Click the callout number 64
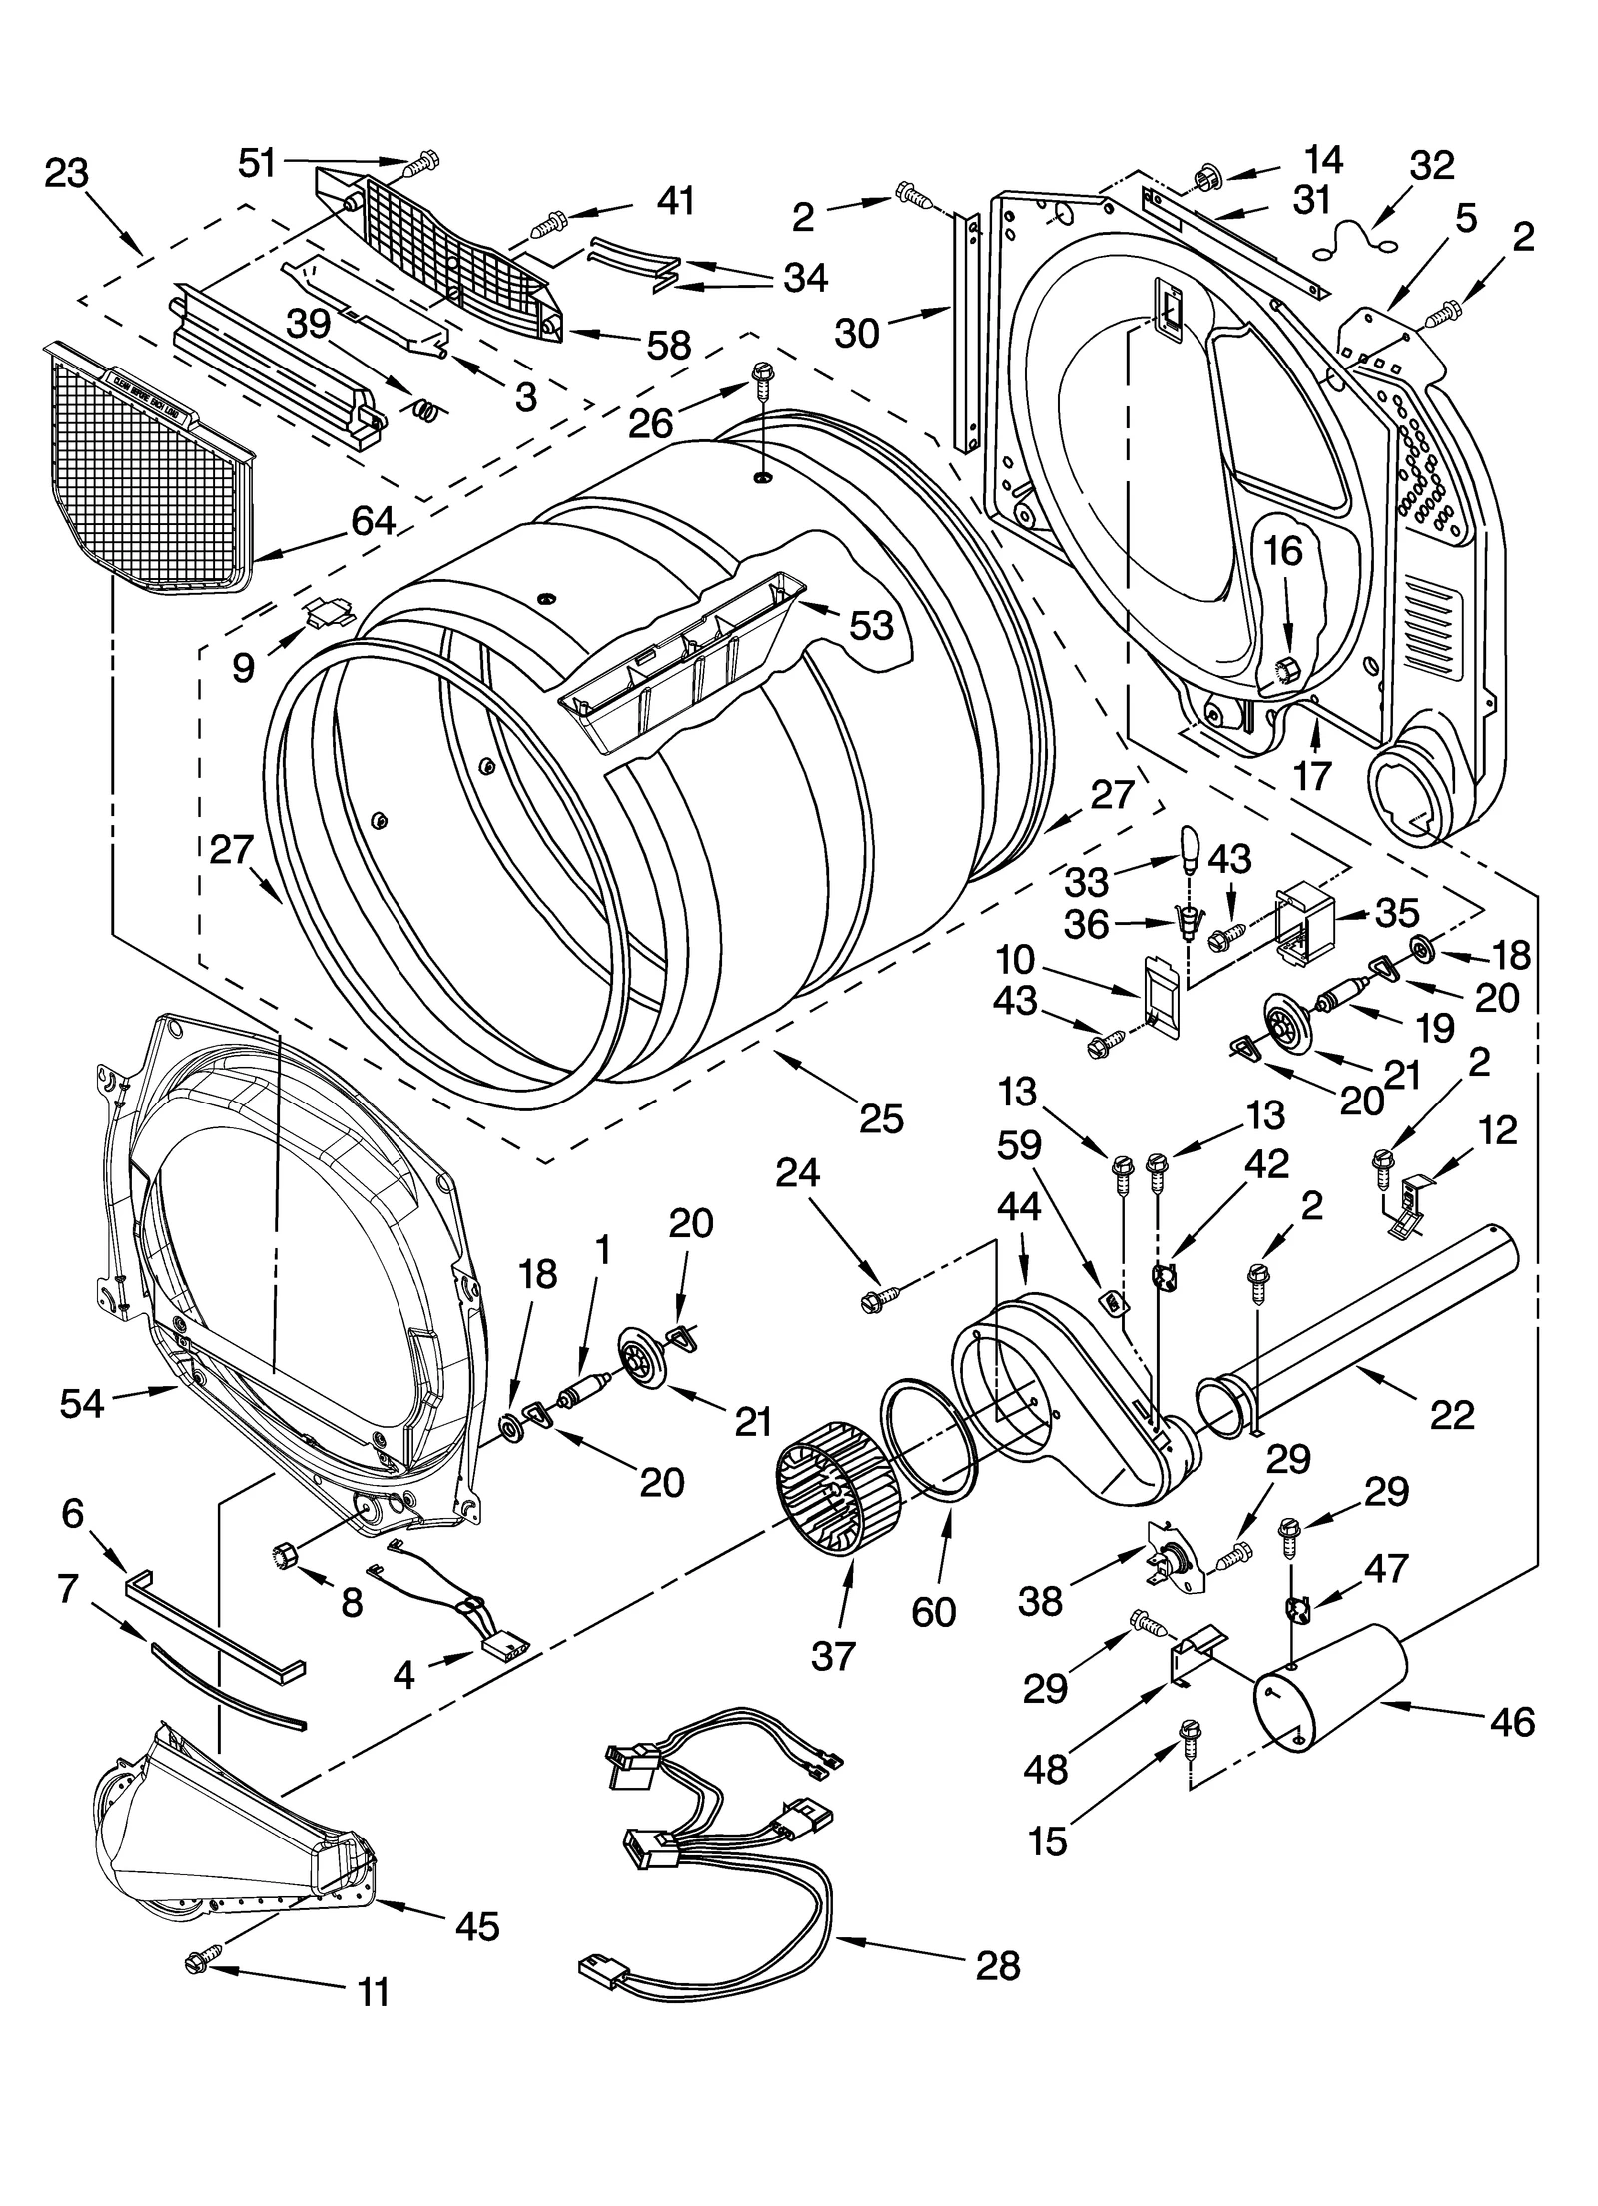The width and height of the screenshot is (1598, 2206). [x=372, y=521]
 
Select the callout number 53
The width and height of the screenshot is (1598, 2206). [x=871, y=625]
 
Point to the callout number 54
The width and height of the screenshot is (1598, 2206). [x=81, y=1403]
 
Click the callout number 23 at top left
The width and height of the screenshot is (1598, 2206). [x=67, y=173]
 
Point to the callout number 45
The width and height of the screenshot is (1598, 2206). [x=477, y=1925]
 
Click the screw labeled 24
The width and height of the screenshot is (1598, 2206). [x=879, y=1299]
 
